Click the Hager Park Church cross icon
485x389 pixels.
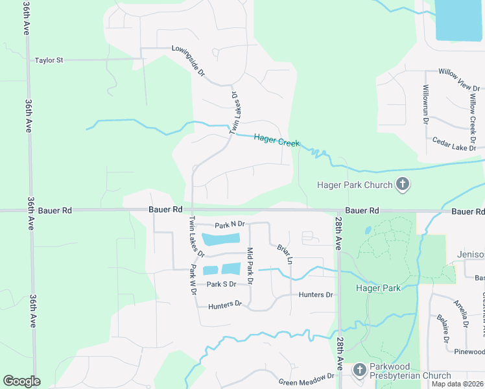click(x=402, y=185)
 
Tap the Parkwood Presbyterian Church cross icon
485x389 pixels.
click(x=360, y=370)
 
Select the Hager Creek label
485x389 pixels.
click(x=277, y=139)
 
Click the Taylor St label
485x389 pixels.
click(x=49, y=60)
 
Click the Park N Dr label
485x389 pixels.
click(x=230, y=224)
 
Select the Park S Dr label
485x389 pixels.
click(x=221, y=284)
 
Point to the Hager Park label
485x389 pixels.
click(x=378, y=288)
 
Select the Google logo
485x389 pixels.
click(x=21, y=381)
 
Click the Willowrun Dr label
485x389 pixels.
click(x=426, y=104)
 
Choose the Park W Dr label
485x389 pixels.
click(x=193, y=279)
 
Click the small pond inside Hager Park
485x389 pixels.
click(x=368, y=230)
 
